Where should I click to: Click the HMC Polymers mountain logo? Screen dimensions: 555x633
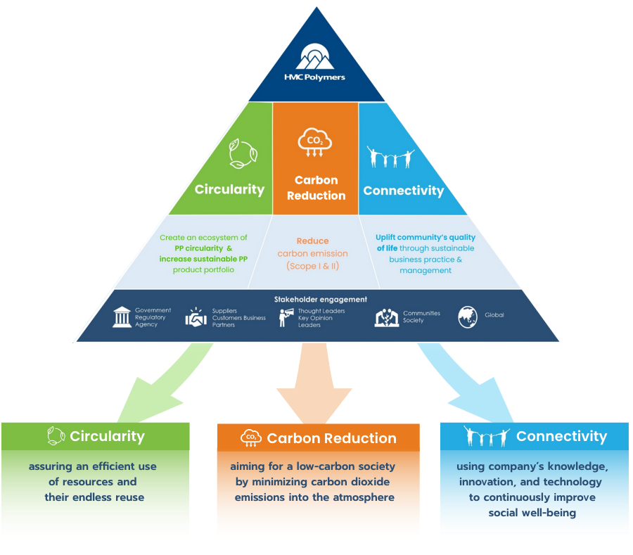[316, 56]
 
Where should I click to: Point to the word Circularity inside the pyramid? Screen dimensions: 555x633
[229, 189]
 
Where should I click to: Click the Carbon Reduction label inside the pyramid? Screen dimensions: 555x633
[316, 188]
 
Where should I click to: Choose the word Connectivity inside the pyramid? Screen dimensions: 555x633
[403, 191]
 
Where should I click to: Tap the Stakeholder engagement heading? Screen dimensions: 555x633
[316, 300]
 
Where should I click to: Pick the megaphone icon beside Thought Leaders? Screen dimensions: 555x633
[286, 317]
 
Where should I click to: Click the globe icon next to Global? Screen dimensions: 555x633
[468, 317]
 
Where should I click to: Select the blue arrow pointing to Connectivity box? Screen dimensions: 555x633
[472, 383]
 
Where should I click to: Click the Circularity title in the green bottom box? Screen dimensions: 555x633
[107, 436]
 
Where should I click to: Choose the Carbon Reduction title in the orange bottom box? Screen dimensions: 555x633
[331, 438]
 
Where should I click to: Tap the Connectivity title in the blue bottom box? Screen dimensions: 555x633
[561, 436]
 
